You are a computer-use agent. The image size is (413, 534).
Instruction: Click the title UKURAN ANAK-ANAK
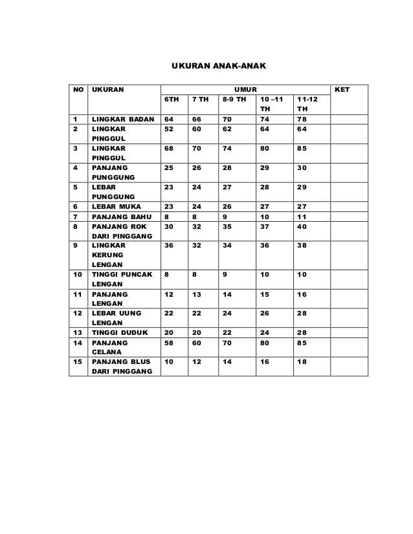click(x=214, y=66)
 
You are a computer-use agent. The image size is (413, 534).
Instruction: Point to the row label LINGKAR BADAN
click(x=122, y=120)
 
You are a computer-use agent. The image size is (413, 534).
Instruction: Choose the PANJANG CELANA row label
click(x=108, y=346)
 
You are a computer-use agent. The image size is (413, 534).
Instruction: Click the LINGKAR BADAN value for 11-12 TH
click(x=302, y=120)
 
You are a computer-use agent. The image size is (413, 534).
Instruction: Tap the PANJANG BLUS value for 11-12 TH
click(x=301, y=362)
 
